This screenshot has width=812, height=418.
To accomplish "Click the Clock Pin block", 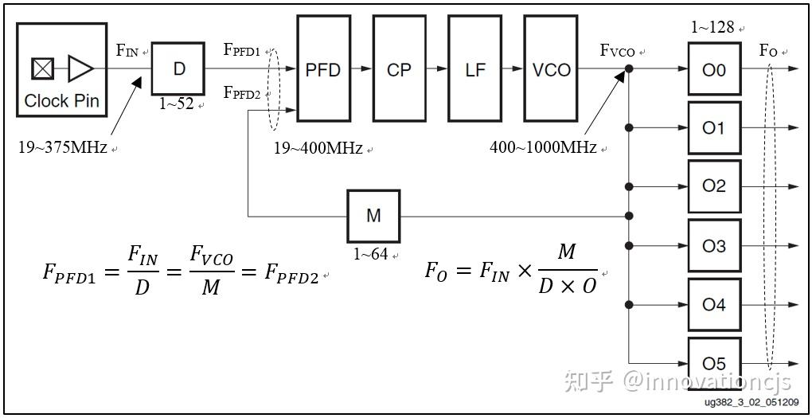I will pos(61,69).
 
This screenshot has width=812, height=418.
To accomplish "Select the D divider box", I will pos(178,68).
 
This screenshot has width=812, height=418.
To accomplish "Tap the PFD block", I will pos(323,69).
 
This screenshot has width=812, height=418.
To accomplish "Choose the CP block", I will pos(399,69).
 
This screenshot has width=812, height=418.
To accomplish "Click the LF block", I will pos(474,69).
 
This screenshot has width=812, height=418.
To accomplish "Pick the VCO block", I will pos(551,69).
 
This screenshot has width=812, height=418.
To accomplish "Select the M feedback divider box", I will pos(373,216).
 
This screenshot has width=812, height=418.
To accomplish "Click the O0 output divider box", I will pos(714,69).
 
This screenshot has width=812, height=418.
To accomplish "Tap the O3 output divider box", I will pos(714,246).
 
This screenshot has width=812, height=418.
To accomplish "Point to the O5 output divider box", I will pos(714,363).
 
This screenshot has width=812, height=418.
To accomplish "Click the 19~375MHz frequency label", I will pos(62,147).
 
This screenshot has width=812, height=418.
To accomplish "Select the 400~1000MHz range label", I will pos(543,147).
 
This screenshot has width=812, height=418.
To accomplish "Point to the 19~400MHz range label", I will pos(318,147).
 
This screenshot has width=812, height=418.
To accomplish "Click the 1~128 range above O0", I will pos(712,28).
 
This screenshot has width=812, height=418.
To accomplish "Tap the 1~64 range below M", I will pos(372,255).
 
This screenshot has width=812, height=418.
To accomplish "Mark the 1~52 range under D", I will pos(176,104).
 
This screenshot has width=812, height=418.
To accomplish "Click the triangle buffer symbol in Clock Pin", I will pos(80,69).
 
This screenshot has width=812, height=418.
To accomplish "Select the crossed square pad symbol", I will pos(43,69).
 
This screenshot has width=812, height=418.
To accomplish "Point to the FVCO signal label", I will pos(618,52).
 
